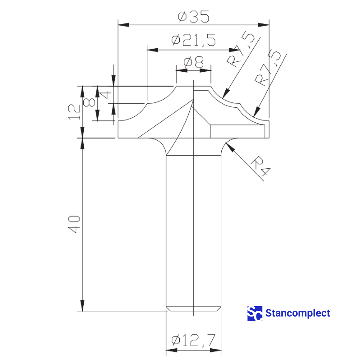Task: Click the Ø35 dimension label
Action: click(193, 17)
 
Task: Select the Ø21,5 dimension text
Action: click(193, 40)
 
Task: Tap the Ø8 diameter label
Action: click(193, 63)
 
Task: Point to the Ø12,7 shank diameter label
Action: click(193, 340)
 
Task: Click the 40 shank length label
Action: click(74, 224)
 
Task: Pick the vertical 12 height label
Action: click(74, 112)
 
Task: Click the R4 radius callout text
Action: click(260, 166)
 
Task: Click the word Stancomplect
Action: click(298, 313)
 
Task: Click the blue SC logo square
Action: click(255, 313)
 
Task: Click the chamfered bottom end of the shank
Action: click(193, 309)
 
